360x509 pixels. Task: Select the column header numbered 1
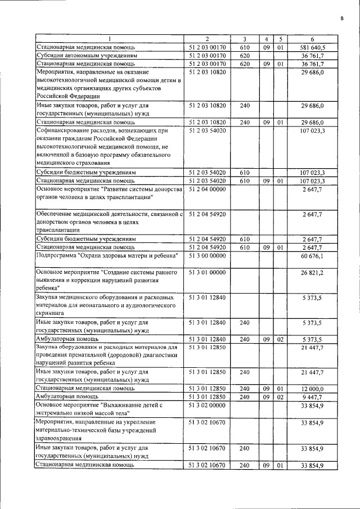(x=110, y=39)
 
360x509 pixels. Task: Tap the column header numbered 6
(x=312, y=39)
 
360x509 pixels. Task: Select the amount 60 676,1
(x=312, y=256)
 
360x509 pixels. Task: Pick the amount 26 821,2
(x=312, y=273)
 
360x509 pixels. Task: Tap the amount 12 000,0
(x=312, y=388)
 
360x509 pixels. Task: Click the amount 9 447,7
(x=312, y=397)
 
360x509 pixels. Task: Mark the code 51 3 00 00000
(x=208, y=256)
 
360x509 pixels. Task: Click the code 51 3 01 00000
(x=208, y=273)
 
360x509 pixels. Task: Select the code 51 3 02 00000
(x=208, y=405)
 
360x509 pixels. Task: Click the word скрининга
(x=51, y=314)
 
